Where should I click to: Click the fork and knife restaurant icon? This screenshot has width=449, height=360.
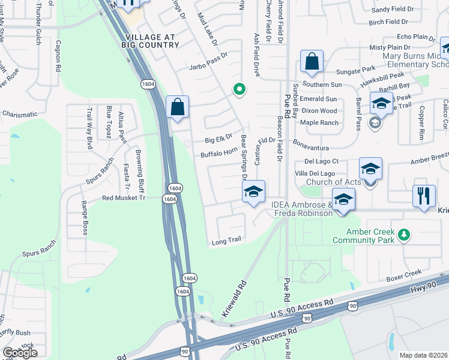pyautogui.click(x=424, y=196)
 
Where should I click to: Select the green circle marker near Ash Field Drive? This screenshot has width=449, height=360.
pyautogui.click(x=239, y=90)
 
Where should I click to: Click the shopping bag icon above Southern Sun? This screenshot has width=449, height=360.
pyautogui.click(x=312, y=61)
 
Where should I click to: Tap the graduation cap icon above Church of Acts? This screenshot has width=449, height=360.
pyautogui.click(x=370, y=169)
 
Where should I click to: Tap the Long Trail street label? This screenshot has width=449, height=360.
pyautogui.click(x=226, y=241)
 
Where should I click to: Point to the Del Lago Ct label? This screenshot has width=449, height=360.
pyautogui.click(x=322, y=161)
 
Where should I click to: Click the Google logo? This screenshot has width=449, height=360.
pyautogui.click(x=20, y=353)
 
